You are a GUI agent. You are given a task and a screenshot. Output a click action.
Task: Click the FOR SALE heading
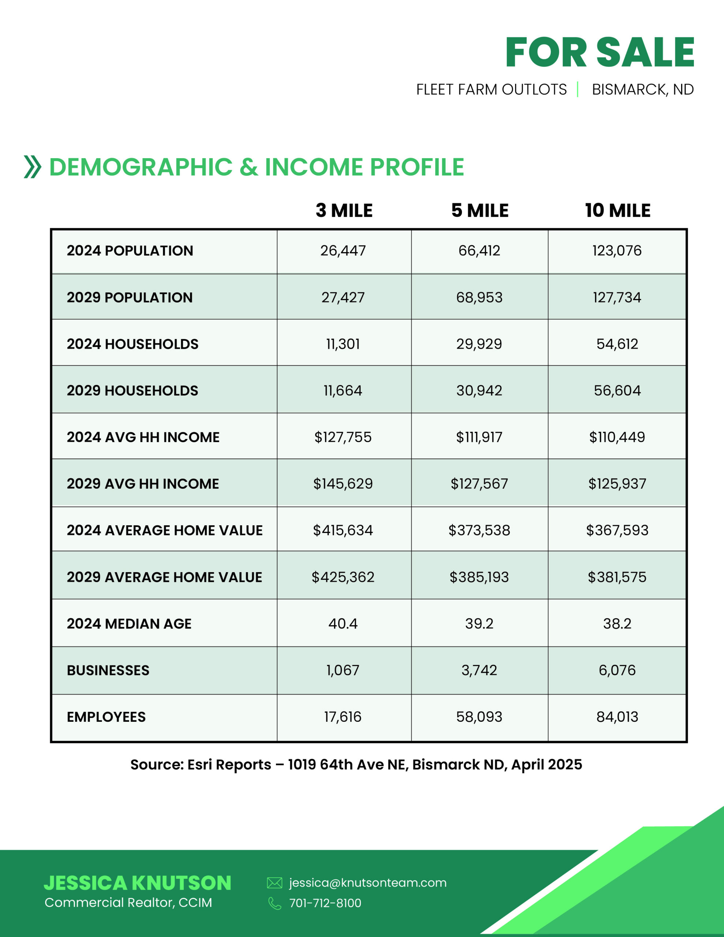(x=600, y=52)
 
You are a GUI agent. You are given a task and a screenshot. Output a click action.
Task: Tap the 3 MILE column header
(x=344, y=211)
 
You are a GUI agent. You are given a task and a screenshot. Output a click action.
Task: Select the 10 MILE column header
(x=617, y=211)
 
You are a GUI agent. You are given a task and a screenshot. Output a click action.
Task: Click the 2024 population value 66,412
(x=479, y=251)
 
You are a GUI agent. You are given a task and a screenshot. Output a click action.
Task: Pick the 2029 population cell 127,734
(x=617, y=297)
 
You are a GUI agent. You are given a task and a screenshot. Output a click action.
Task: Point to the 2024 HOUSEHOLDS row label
(x=132, y=344)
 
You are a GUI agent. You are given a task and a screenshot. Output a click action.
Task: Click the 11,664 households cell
(x=343, y=391)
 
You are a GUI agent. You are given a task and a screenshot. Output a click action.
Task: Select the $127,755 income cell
(x=343, y=437)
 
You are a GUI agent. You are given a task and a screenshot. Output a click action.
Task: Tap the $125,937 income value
(x=617, y=484)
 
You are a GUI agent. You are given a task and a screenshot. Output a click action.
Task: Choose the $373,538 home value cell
(x=479, y=530)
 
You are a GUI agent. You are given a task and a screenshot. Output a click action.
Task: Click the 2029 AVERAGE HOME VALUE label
(x=164, y=577)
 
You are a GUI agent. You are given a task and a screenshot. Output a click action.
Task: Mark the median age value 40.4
(x=343, y=623)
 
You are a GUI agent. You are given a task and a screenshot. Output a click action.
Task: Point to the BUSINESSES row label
(x=108, y=670)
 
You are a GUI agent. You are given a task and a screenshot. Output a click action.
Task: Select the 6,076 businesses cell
(x=617, y=670)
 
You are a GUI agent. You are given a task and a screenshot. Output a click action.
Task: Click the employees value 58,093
(x=479, y=717)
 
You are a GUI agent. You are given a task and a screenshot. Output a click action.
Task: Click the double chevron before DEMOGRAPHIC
(x=33, y=167)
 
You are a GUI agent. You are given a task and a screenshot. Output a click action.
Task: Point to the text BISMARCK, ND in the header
(x=642, y=90)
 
